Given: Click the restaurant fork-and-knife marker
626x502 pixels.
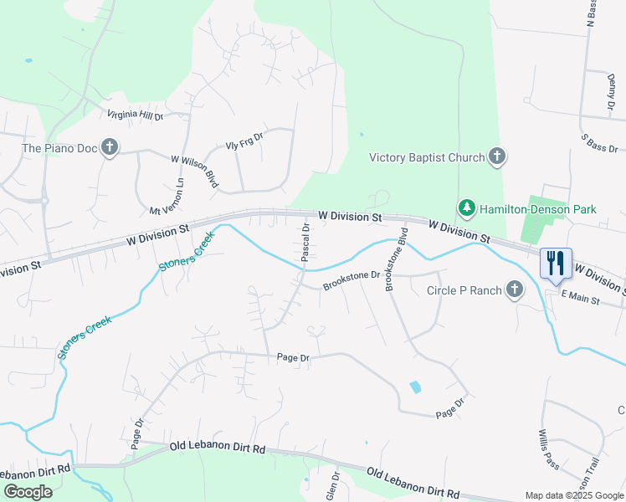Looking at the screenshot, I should [x=557, y=263].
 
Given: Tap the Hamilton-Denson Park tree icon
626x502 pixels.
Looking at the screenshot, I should [x=465, y=207].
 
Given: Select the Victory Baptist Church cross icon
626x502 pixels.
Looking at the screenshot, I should [x=497, y=156].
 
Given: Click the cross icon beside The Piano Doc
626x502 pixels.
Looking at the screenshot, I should [x=109, y=148].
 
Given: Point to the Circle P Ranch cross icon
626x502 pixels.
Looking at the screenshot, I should [x=514, y=289].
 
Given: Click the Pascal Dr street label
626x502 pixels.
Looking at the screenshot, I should [x=306, y=240].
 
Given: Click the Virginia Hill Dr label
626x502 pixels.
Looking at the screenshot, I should [x=135, y=115].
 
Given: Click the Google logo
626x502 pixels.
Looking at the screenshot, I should [x=28, y=492].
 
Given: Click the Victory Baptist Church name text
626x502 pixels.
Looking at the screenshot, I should [x=427, y=157].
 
